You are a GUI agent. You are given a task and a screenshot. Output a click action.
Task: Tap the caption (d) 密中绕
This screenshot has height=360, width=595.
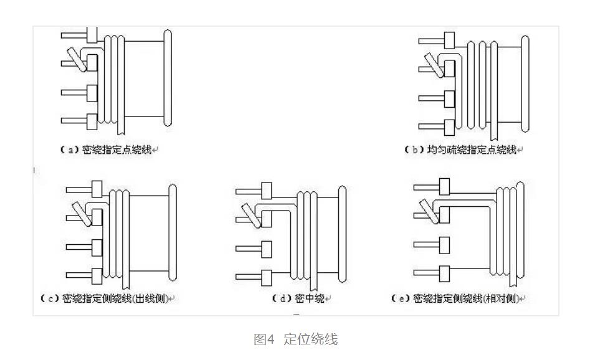pos(298,299)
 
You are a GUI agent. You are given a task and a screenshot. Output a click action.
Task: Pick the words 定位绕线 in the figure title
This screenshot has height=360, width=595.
pos(310,339)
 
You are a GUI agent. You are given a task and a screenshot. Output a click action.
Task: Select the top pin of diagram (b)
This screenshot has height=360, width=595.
pos(446,41)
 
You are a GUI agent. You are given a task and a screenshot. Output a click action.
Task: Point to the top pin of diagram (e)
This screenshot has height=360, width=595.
pos(444,186)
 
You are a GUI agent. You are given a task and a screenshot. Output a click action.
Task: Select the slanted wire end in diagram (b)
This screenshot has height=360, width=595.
pos(430,65)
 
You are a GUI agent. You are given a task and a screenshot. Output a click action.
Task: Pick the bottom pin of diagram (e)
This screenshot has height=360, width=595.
pos(444,272)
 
